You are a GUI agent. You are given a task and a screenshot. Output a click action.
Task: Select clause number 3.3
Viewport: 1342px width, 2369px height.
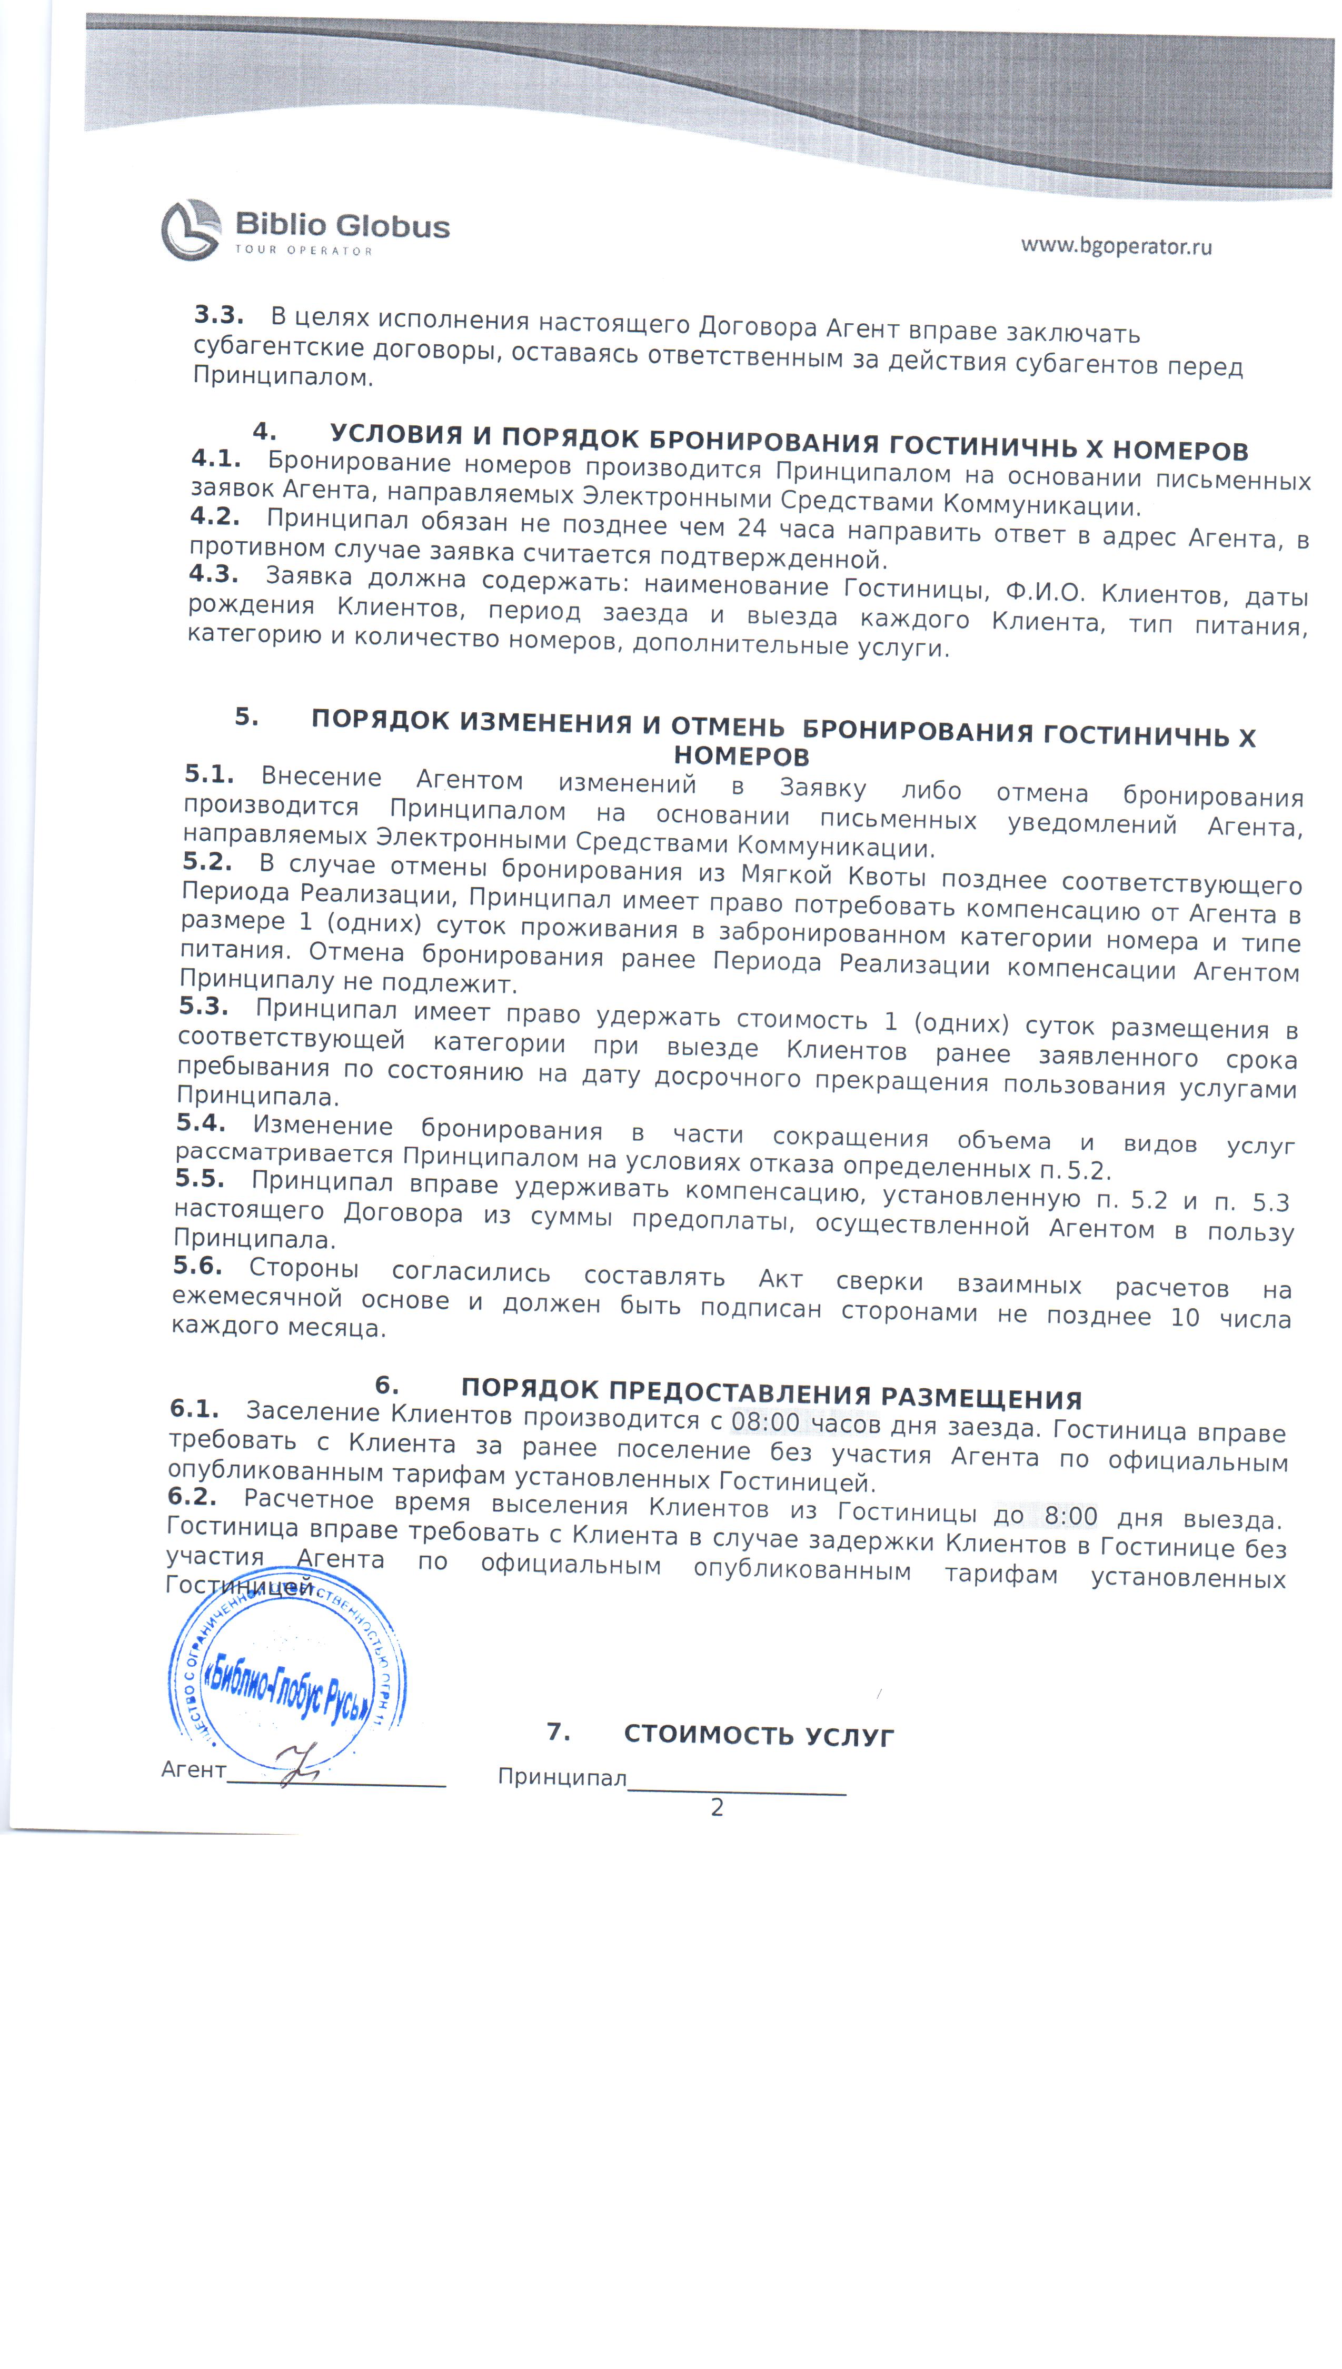tap(218, 315)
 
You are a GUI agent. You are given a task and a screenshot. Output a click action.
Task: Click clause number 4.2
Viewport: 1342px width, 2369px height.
tap(215, 517)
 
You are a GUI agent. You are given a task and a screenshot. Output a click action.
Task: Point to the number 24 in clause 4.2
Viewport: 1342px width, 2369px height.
tap(752, 528)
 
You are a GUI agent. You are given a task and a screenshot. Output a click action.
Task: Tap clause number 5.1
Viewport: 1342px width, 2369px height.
tap(209, 774)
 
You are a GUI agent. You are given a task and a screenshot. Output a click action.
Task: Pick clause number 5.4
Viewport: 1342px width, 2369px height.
tap(201, 1122)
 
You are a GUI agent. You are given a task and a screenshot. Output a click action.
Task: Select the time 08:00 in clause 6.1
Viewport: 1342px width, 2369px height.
tap(765, 1422)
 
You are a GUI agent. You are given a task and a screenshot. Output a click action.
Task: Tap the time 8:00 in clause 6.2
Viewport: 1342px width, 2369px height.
tap(1070, 1516)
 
